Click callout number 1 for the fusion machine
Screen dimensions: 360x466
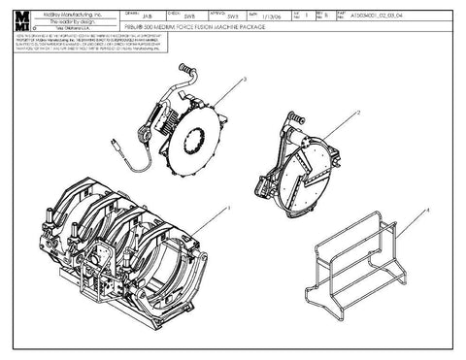pos(227,208)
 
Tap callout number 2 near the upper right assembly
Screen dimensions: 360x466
pos(358,113)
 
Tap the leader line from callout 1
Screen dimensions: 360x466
pos(209,219)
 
